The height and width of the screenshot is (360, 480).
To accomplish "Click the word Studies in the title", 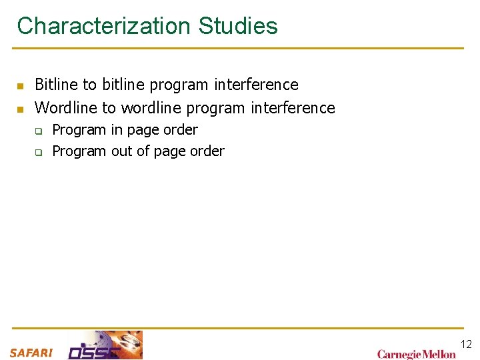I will [238, 27].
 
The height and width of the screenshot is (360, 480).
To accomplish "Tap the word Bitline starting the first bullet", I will [56, 85].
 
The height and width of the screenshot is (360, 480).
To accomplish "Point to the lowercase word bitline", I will [124, 85].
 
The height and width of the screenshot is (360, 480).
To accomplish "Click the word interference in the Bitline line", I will [257, 85].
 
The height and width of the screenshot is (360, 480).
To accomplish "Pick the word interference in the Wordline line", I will [293, 107].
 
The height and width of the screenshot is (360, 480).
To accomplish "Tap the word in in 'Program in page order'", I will [116, 129].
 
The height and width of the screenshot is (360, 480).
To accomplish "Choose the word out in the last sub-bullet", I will [122, 151].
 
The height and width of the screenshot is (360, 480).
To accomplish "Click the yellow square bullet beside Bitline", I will [21, 86].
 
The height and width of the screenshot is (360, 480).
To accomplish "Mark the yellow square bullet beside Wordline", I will [21, 109].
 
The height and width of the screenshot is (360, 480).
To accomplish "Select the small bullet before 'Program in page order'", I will [39, 131].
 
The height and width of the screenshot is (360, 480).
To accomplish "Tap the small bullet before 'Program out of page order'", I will [39, 152].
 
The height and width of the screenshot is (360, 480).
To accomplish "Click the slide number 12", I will [466, 344].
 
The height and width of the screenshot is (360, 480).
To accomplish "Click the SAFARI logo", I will [31, 353].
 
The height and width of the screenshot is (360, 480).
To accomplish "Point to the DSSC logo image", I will [105, 345].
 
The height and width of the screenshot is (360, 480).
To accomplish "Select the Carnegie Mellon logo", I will [416, 354].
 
